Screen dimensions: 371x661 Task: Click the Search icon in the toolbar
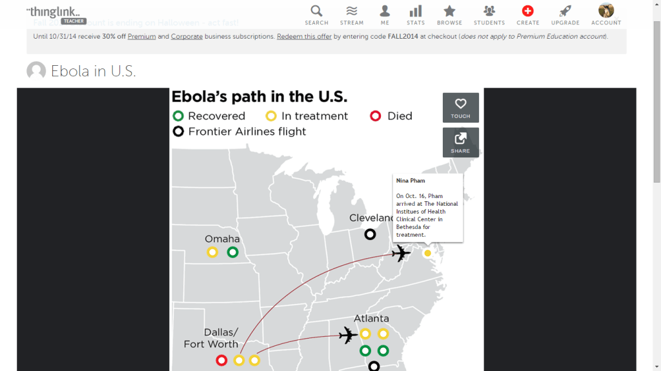tap(316, 11)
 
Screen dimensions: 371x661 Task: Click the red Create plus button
tap(527, 11)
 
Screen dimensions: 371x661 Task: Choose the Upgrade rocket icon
tap(565, 11)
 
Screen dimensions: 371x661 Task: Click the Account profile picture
tap(606, 10)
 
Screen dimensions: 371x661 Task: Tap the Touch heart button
tap(460, 107)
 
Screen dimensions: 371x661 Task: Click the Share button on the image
tap(460, 142)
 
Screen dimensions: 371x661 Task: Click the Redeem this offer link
tap(304, 37)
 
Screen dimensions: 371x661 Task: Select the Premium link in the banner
tap(141, 37)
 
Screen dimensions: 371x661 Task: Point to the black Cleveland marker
tap(370, 234)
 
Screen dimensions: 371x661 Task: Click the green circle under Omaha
tap(233, 252)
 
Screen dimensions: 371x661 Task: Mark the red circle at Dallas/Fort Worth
tap(221, 360)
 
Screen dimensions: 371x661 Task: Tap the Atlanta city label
tap(371, 319)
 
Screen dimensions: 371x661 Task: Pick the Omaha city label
tap(222, 239)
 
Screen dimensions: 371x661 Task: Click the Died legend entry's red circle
tap(375, 116)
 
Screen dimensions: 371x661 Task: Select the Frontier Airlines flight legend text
tap(247, 132)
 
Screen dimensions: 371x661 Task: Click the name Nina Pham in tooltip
tap(411, 181)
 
